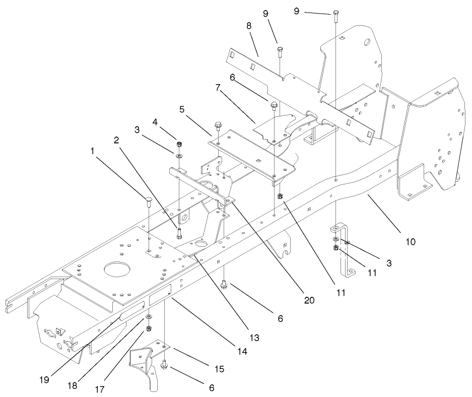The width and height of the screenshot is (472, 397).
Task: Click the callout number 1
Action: click(93, 150)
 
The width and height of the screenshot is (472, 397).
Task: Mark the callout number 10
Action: click(411, 241)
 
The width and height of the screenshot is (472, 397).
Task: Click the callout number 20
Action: click(309, 300)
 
